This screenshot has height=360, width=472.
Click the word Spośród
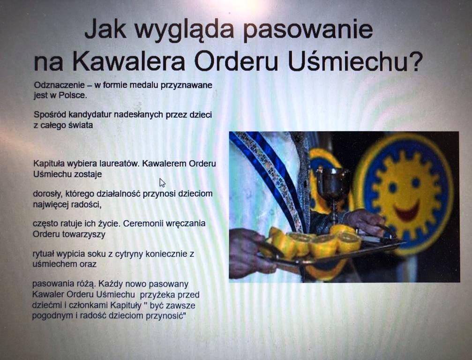50,115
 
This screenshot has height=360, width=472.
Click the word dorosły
47,194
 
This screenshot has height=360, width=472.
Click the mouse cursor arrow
162,183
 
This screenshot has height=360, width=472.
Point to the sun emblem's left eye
392,187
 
